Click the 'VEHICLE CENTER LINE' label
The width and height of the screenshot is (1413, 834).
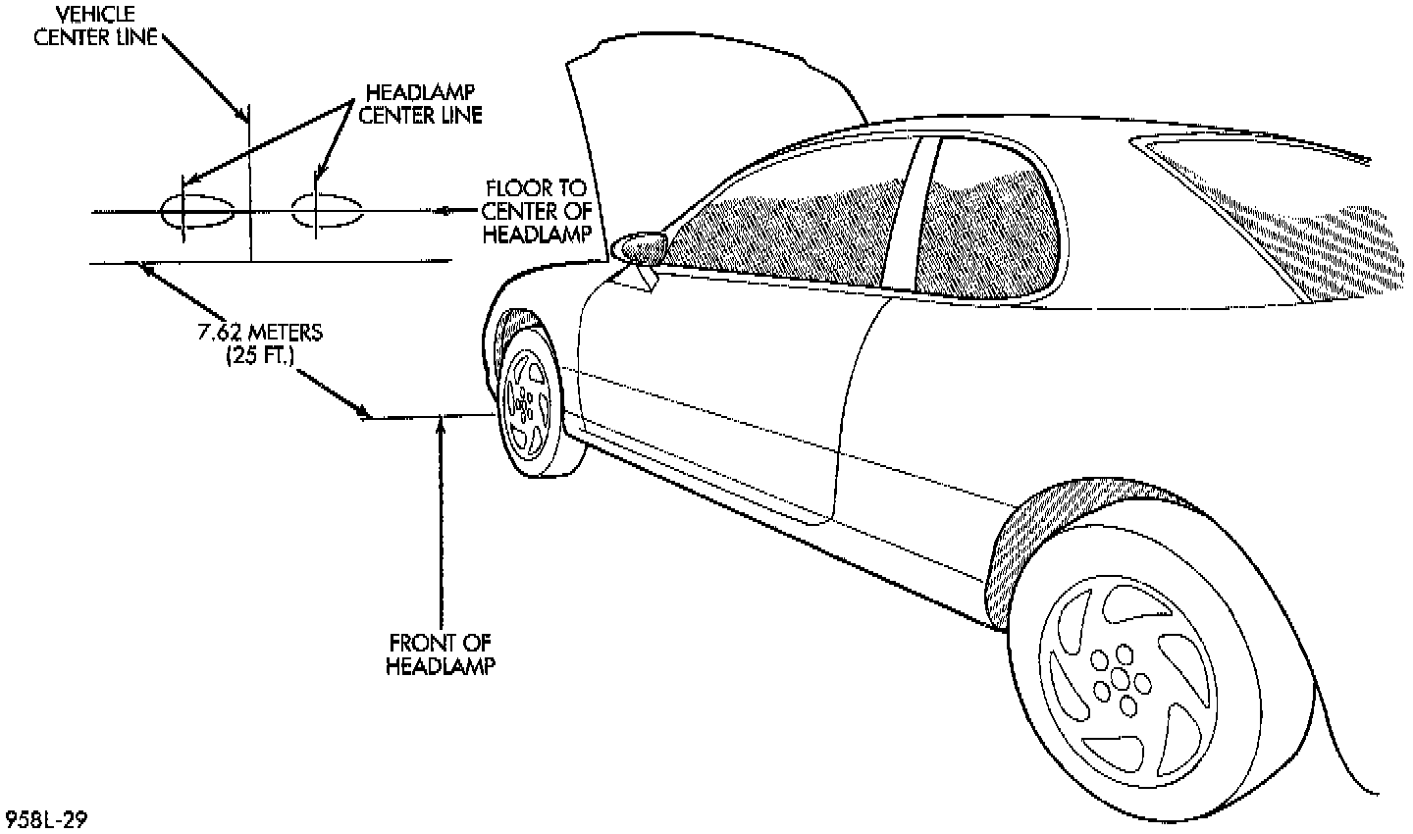click(x=95, y=26)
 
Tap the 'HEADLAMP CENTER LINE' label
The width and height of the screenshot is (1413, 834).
click(x=422, y=103)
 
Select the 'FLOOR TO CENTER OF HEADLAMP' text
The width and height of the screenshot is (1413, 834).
click(x=538, y=210)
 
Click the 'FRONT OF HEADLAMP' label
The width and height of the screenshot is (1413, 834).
click(x=440, y=654)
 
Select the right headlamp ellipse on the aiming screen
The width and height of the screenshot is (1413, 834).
click(x=328, y=209)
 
